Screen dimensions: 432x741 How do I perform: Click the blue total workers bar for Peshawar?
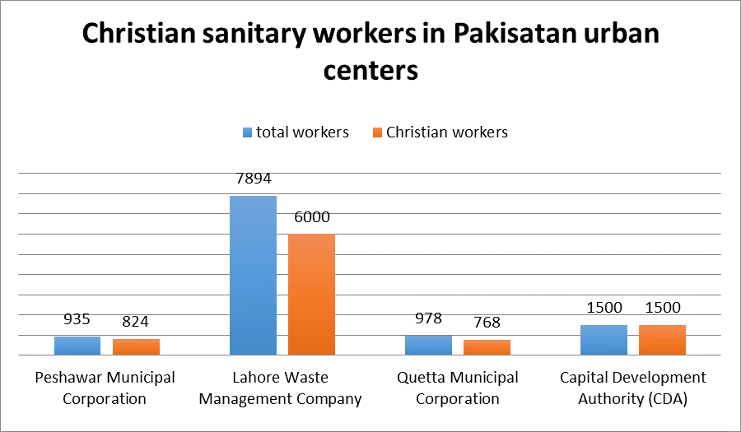[x=77, y=346]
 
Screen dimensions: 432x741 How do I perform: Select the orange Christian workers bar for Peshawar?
[x=136, y=346]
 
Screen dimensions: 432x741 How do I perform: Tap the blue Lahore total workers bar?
[x=253, y=275]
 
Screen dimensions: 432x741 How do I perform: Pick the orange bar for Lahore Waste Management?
[x=311, y=294]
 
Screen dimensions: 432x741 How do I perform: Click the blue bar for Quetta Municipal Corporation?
[x=428, y=345]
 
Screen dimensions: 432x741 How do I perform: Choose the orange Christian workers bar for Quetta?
[x=487, y=347]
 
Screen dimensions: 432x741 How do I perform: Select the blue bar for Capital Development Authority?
[x=604, y=340]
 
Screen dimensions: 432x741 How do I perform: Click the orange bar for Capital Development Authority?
[x=662, y=340]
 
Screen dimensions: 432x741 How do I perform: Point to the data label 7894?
[x=253, y=179]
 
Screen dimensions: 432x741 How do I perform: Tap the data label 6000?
[x=311, y=217]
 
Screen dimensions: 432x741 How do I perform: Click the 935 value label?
[x=77, y=319]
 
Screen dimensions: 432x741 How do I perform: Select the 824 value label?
[x=136, y=322]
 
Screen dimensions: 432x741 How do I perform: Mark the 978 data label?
[x=428, y=318]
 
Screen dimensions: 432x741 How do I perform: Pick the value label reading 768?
[x=487, y=323]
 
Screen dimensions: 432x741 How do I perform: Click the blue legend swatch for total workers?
[x=247, y=132]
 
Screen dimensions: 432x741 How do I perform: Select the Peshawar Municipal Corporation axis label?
[x=105, y=388]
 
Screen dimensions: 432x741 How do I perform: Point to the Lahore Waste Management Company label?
[x=281, y=388]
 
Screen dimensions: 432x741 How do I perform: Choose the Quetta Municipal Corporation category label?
[x=457, y=388]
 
